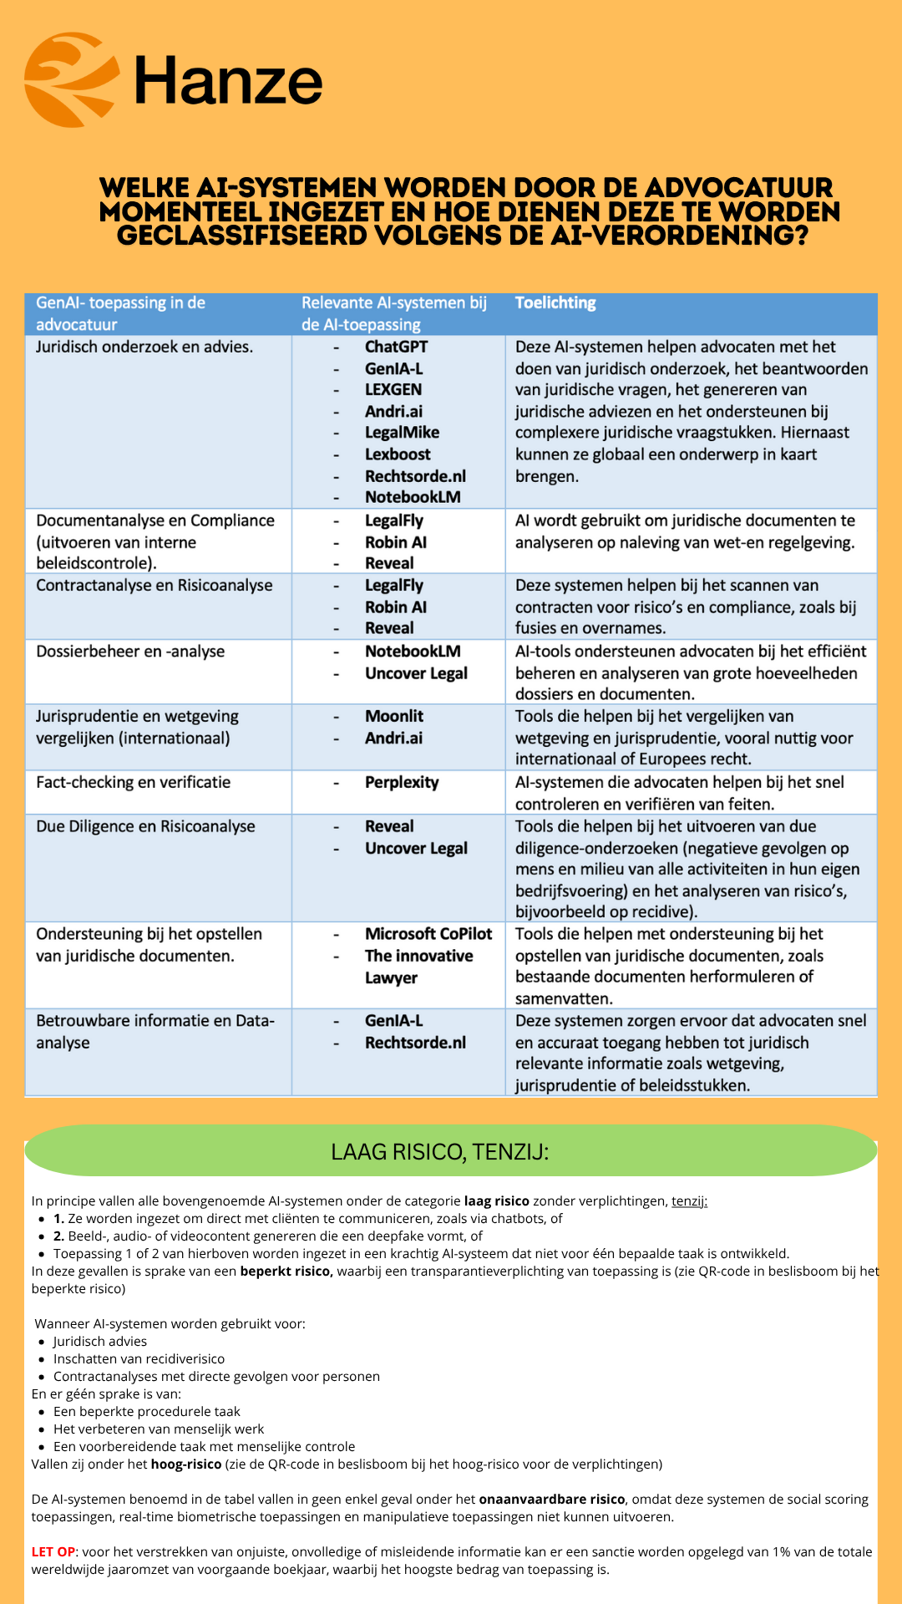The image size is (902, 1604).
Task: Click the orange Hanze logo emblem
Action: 71,79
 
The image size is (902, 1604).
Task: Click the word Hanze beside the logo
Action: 228,81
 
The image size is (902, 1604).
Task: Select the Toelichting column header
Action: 555,303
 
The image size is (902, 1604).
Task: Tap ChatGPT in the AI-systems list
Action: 396,348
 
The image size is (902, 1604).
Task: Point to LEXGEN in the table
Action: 393,390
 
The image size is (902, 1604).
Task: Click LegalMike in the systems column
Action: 402,433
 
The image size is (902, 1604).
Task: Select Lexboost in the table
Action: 398,454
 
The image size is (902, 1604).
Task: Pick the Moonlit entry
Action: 394,717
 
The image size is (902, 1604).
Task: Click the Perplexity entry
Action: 402,783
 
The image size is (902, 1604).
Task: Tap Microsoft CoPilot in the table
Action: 428,934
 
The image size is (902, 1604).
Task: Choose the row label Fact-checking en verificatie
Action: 134,783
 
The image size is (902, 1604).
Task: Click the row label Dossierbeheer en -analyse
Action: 130,652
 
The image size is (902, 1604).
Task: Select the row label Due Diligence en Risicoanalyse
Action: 145,827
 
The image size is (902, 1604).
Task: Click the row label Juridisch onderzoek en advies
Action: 144,348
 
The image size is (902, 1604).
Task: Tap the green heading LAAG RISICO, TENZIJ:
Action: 440,1152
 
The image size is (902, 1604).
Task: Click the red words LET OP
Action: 53,1551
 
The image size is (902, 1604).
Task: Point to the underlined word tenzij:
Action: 689,1201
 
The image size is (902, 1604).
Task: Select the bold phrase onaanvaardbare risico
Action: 552,1499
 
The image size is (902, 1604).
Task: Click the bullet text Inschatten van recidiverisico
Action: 139,1358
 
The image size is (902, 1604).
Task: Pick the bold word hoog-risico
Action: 186,1464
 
